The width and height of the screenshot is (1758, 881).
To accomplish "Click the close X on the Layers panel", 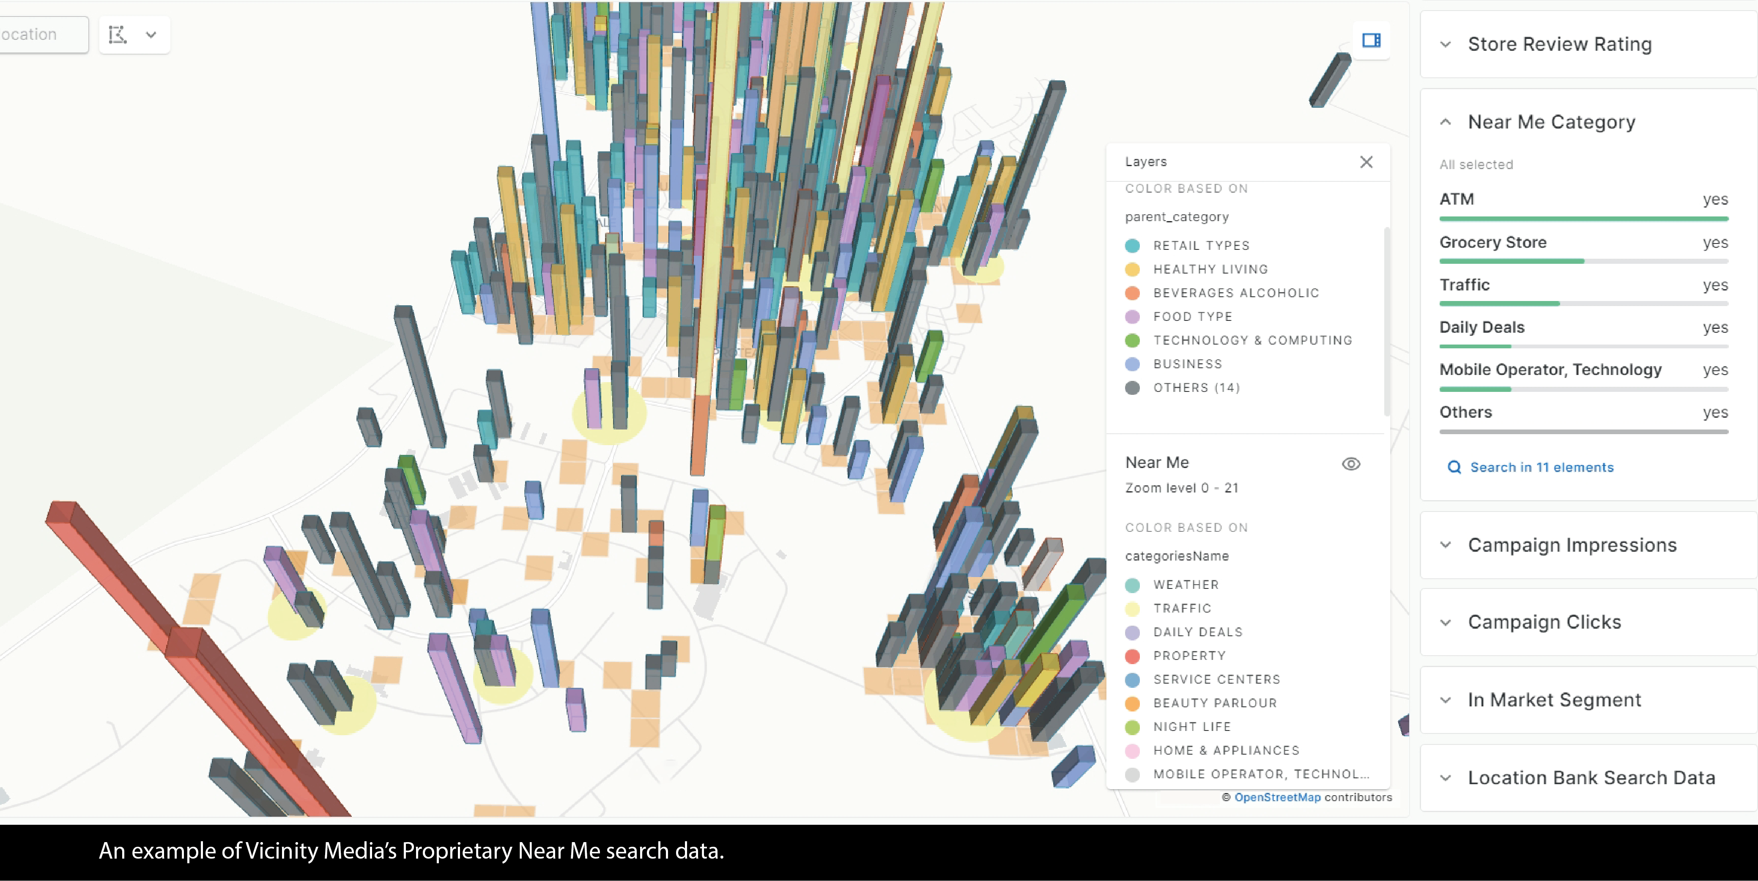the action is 1366,162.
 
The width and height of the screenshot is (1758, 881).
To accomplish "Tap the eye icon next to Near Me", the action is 1350,464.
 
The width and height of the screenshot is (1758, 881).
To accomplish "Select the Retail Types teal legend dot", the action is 1132,246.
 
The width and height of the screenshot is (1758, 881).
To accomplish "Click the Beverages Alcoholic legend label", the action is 1236,293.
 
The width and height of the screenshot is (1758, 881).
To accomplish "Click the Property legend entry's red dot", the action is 1132,656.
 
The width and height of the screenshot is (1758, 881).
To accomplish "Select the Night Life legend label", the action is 1191,727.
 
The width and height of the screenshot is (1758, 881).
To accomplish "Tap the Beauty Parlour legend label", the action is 1215,703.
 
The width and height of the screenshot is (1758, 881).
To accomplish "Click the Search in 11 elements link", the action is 1542,468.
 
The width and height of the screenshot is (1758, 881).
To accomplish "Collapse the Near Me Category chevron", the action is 1446,122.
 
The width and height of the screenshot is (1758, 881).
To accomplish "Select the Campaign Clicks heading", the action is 1544,622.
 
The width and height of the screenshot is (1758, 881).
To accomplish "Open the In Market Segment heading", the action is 1554,700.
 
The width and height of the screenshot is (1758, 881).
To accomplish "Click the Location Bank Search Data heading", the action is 1591,778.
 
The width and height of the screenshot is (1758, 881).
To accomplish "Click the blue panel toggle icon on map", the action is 1371,40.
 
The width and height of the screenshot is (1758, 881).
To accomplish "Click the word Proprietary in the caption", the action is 457,851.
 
